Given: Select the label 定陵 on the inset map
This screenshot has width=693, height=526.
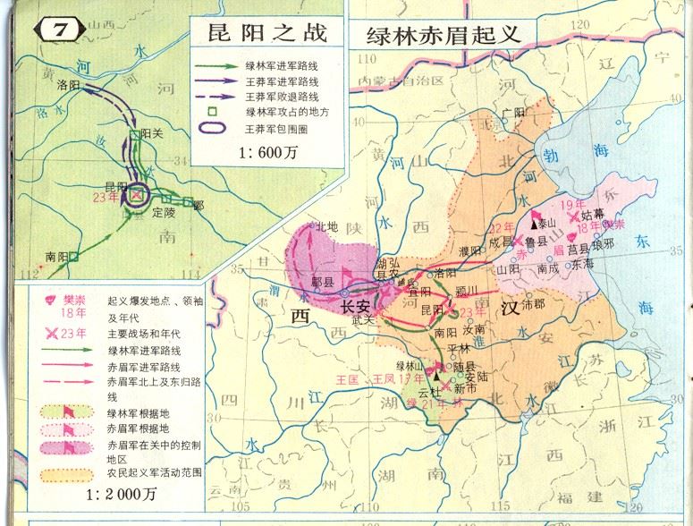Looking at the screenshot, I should click(x=164, y=213).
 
